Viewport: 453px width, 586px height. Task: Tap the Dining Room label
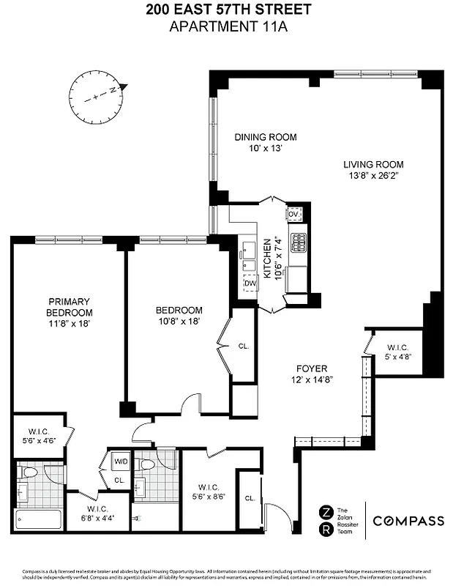[265, 137]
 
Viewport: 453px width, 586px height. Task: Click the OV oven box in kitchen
[293, 214]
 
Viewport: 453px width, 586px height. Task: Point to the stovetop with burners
[299, 242]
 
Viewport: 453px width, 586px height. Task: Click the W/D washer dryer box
[121, 461]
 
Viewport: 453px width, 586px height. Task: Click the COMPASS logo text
[408, 521]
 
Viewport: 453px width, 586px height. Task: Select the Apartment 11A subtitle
[227, 27]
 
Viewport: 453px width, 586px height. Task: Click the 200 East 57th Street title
[227, 10]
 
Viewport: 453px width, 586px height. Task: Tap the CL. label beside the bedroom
[244, 346]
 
